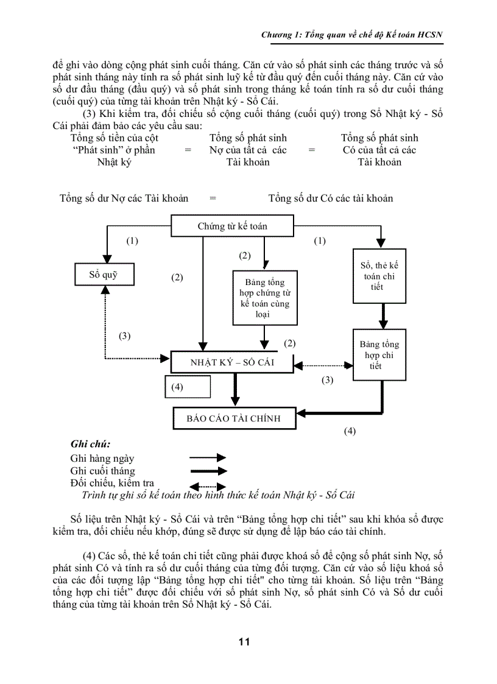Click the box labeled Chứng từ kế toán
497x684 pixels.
[232, 226]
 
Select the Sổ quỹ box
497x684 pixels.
[103, 274]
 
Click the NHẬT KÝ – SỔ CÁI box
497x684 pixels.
[232, 362]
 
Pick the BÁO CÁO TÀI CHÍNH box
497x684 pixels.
[233, 418]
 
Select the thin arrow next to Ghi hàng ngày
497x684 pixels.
[208, 457]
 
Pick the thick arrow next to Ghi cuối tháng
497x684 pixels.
[208, 471]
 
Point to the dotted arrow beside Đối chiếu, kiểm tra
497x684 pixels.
[208, 485]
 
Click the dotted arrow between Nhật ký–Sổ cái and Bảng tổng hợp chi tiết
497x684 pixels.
[323, 365]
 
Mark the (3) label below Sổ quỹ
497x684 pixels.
[124, 336]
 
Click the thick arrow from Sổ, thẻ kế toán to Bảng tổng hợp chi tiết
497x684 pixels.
[383, 316]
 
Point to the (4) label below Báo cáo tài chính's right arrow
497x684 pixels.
[349, 431]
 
